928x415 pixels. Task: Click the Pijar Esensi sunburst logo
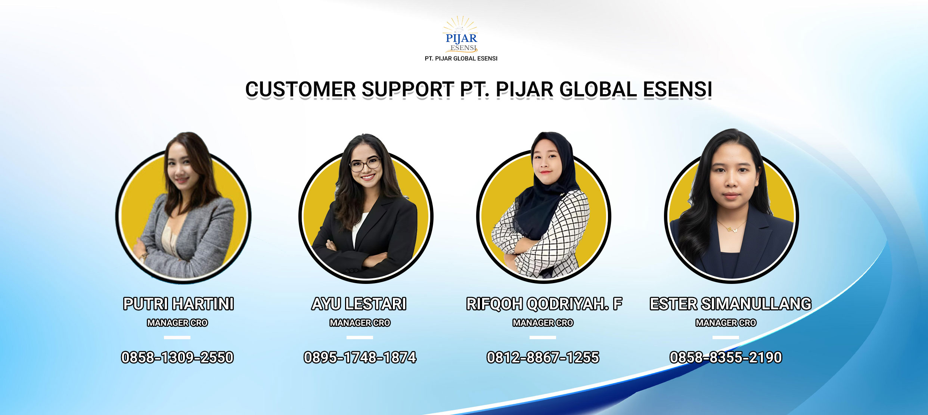461,34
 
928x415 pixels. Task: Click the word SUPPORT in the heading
407,90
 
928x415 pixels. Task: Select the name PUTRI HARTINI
179,304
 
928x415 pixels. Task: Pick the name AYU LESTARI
359,304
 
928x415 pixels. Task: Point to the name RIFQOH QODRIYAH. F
544,304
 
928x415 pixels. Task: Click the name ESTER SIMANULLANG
730,304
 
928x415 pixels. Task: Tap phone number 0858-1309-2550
177,357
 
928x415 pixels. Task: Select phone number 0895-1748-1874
360,357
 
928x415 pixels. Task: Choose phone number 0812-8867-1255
543,357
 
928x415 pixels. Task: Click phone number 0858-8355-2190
726,357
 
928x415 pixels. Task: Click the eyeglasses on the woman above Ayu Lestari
365,164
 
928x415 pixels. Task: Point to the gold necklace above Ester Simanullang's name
731,227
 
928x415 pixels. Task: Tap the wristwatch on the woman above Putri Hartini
143,257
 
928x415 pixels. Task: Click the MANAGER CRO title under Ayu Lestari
360,323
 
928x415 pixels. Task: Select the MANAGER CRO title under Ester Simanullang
726,323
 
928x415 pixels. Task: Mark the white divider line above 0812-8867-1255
543,337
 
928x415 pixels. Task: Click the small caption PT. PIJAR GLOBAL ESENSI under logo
461,59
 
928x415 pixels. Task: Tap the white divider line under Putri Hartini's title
177,337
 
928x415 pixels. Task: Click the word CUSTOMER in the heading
300,90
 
